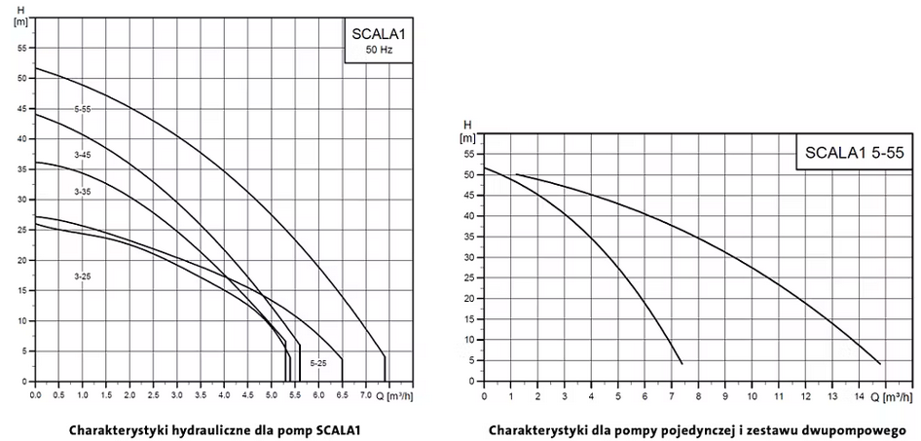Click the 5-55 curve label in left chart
[x=82, y=109]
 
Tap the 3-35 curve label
[x=82, y=192]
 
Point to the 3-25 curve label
[x=82, y=277]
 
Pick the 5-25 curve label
[x=318, y=363]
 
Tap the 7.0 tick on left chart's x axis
[x=366, y=395]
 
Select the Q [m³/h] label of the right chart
[x=890, y=397]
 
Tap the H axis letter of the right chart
[x=466, y=126]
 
